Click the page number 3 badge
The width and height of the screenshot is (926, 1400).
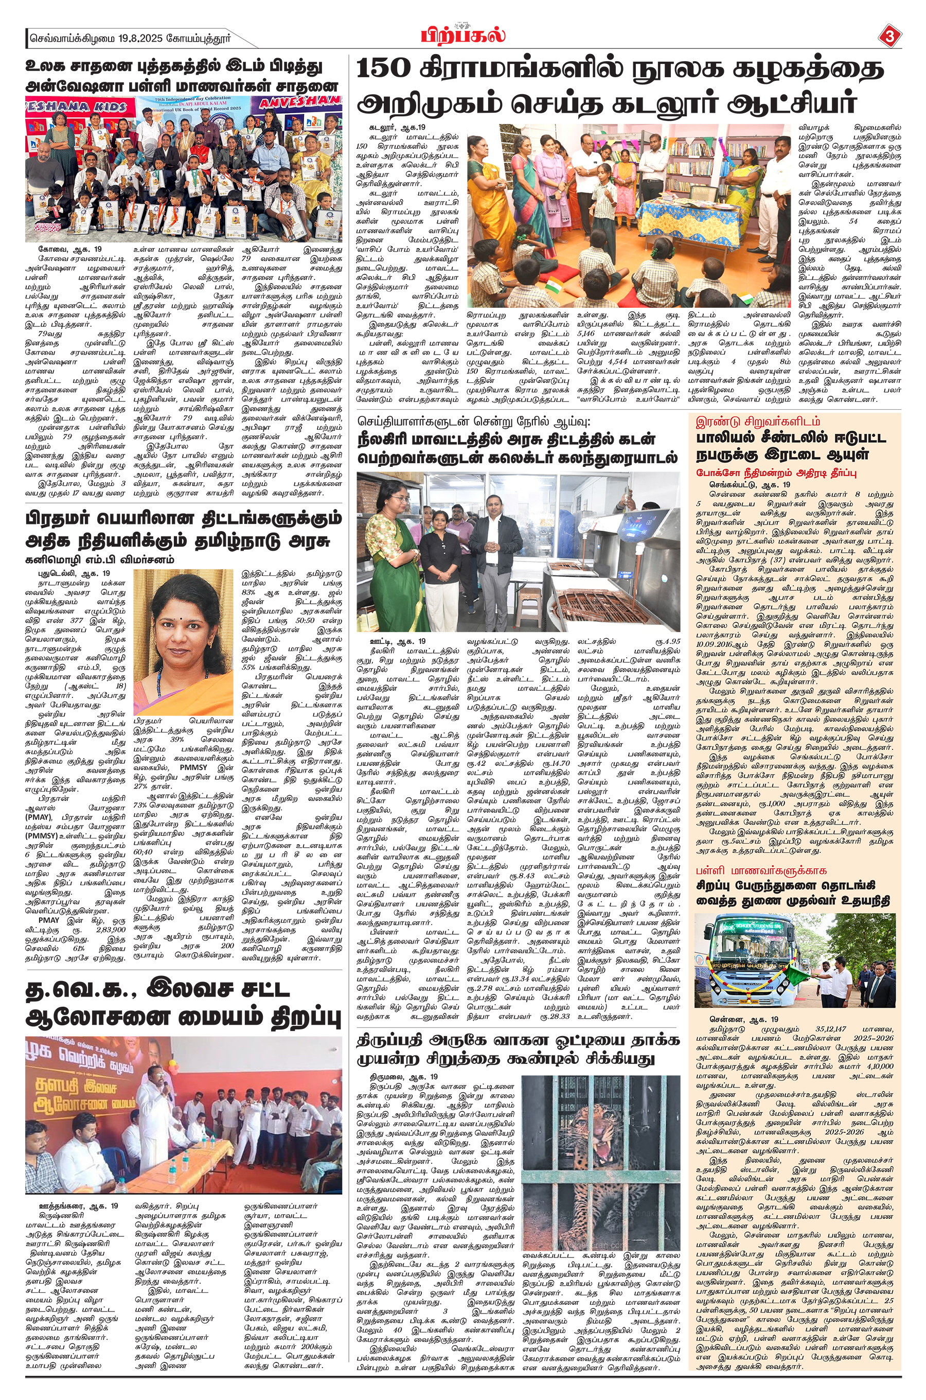click(890, 37)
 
